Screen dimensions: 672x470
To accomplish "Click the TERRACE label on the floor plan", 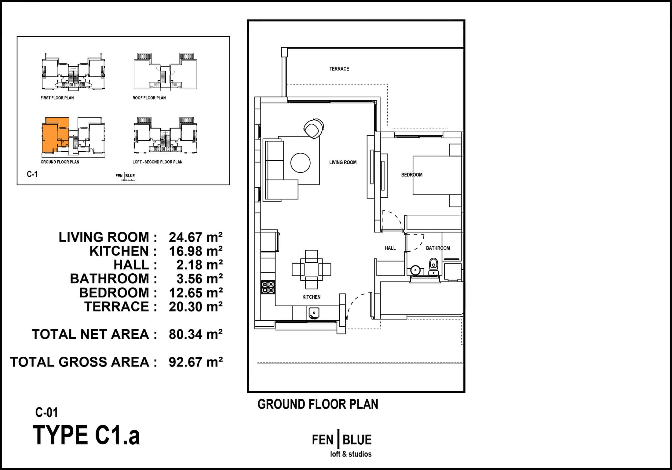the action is (x=339, y=69).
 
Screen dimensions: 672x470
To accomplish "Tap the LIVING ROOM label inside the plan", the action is (x=343, y=162).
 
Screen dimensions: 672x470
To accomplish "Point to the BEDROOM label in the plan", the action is (x=412, y=175).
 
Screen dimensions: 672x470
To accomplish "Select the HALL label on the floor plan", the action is (x=390, y=248).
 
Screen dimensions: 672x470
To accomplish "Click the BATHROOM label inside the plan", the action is (x=438, y=248).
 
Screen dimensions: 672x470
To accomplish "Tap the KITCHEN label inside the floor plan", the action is (x=311, y=297).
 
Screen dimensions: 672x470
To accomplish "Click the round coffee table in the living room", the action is (x=301, y=163).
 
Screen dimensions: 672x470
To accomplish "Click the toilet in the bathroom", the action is (x=433, y=266).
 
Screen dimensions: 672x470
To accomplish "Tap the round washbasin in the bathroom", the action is (x=415, y=270).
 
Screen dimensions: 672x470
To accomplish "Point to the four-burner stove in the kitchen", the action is (x=268, y=287).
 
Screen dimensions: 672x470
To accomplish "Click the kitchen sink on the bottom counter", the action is (x=314, y=313).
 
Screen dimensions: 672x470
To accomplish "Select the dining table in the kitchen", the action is (x=311, y=269).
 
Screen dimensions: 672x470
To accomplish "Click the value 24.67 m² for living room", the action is (x=196, y=237).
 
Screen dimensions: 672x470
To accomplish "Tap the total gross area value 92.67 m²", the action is (x=196, y=362).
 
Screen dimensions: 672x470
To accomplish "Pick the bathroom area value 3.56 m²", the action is (x=199, y=279).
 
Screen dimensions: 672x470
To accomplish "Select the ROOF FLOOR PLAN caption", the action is (x=149, y=98).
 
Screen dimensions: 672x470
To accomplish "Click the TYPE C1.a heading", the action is (x=86, y=435).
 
